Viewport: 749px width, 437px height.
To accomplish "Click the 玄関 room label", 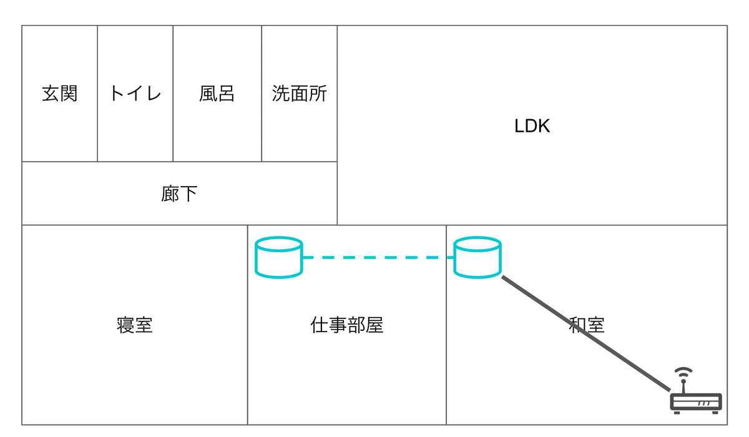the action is [x=60, y=93].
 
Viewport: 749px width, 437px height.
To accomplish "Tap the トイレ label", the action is [x=135, y=93].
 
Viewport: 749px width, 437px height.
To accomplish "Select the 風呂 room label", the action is [x=217, y=93].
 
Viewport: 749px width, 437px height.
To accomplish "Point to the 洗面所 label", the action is [x=299, y=93].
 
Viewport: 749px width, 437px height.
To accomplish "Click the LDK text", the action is [x=532, y=126].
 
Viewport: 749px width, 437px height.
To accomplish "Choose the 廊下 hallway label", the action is [x=179, y=194].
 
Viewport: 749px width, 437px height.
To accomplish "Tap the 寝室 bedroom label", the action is [x=135, y=325].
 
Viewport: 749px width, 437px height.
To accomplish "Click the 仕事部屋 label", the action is [x=347, y=325].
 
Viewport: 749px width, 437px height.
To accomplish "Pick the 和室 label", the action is [x=587, y=325].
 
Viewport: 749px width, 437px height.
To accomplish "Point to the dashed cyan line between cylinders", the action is [x=378, y=257].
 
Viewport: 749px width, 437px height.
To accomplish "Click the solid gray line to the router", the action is [x=586, y=333].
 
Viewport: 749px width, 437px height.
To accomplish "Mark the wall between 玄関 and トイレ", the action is [x=97, y=93].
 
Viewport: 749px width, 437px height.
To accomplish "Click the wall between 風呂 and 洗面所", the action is [x=262, y=93].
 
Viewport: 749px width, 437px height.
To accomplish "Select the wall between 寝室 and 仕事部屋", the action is [x=247, y=325].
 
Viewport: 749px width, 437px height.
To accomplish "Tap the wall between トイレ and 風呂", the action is [x=173, y=93].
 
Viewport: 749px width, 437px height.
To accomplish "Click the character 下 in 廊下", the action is [x=189, y=194].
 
